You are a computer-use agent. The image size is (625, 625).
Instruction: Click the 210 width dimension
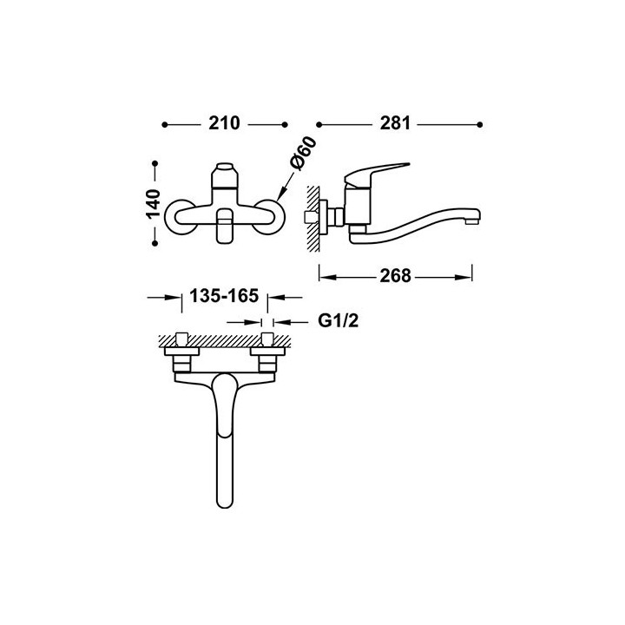pyautogui.click(x=225, y=123)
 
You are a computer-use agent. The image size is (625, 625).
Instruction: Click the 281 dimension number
pyautogui.click(x=395, y=123)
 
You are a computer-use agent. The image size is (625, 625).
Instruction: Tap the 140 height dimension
pyautogui.click(x=153, y=203)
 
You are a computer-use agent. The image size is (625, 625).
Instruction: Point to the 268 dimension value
pyautogui.click(x=395, y=275)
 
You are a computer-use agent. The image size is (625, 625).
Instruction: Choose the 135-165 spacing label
pyautogui.click(x=224, y=296)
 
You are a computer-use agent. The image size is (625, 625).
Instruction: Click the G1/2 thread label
pyautogui.click(x=338, y=320)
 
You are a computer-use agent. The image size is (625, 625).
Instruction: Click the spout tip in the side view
pyautogui.click(x=474, y=218)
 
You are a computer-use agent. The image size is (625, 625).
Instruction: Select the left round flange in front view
pyautogui.click(x=175, y=217)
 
